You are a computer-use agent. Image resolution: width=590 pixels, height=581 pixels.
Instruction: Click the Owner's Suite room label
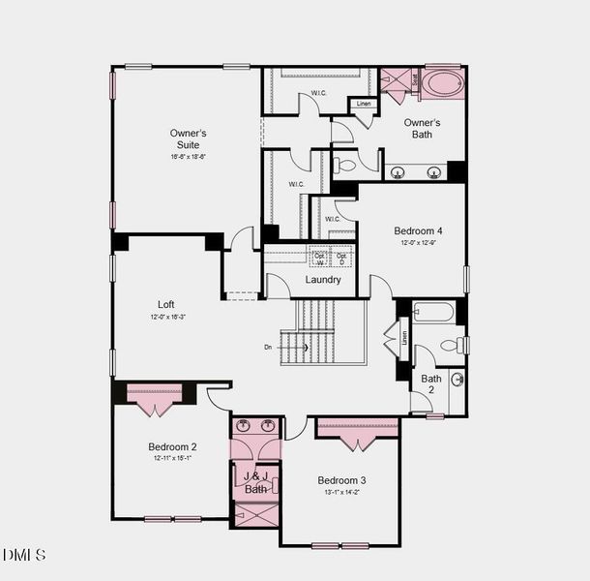coord(188,138)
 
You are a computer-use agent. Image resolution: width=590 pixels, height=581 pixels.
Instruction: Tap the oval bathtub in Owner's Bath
coord(443,82)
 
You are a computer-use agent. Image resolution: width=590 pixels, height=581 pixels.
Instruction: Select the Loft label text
coord(166,304)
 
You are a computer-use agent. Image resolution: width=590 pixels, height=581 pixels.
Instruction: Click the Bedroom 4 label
coord(418,230)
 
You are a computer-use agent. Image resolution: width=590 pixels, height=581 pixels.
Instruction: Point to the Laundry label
coord(323,280)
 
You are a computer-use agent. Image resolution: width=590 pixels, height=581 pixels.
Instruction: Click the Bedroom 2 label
coord(172,446)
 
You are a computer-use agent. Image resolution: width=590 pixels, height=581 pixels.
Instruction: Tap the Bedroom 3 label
coord(342,480)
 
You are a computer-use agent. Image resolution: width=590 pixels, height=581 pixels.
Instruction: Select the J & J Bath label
coord(255,482)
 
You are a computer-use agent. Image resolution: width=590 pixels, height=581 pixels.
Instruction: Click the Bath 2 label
coord(431,384)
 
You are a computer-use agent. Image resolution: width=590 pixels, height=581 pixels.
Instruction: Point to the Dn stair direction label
coord(268,347)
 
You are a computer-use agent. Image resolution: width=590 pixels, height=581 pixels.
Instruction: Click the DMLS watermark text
coord(24,555)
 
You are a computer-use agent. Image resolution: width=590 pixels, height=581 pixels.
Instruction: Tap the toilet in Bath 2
coord(453,345)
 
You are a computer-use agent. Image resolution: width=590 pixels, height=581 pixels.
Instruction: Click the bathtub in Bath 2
coord(432,313)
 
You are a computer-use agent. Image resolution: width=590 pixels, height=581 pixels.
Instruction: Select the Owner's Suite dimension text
coord(188,156)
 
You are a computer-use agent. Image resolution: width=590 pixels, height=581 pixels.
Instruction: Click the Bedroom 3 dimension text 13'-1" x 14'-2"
coord(342,493)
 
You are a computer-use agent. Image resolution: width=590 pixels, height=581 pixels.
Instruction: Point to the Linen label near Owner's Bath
coord(363,104)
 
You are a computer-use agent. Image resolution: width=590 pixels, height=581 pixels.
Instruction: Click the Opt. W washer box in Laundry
coord(320,258)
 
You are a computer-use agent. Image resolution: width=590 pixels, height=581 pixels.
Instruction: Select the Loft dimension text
coord(167,317)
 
